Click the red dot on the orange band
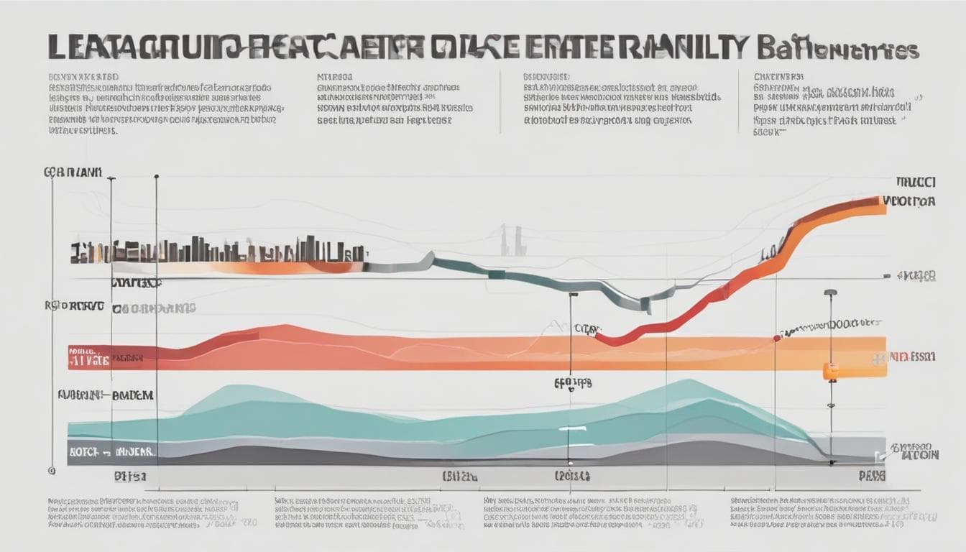[777, 336]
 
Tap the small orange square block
[831, 372]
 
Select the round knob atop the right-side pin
[830, 293]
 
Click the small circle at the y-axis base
[52, 471]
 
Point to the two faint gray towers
[513, 241]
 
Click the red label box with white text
[89, 357]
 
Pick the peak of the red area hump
[284, 328]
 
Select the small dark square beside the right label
[888, 276]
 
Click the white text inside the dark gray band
[112, 451]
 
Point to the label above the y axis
[73, 172]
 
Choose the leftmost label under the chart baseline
[130, 475]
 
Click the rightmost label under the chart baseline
[871, 475]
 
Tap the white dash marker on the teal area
[573, 428]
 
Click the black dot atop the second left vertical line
[157, 176]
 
